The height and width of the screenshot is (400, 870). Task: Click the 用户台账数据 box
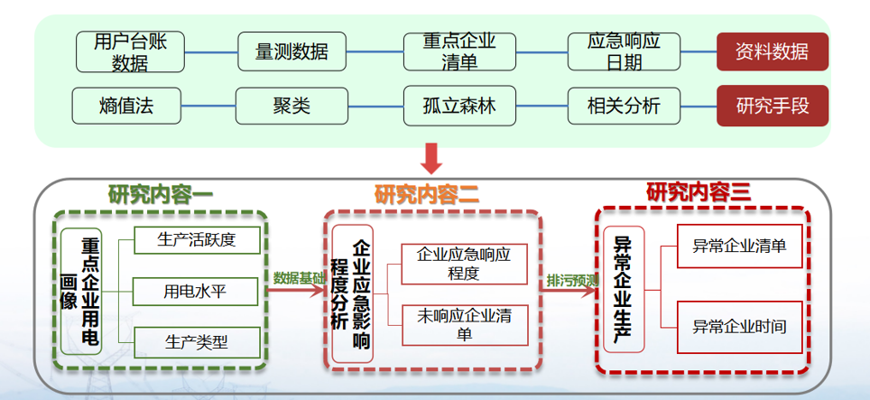click(130, 51)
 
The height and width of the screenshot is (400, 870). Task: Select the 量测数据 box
click(292, 51)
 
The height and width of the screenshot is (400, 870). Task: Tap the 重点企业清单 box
click(460, 51)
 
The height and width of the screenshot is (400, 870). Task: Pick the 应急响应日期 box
click(624, 51)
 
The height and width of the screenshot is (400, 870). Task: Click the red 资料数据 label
click(773, 51)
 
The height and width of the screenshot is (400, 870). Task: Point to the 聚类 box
click(292, 106)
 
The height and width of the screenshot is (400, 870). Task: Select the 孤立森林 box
click(460, 106)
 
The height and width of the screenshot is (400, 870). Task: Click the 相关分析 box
click(624, 106)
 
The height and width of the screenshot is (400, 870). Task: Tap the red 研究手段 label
click(773, 106)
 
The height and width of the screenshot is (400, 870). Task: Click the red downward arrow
click(432, 160)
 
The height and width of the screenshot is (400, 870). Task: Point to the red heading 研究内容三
click(699, 191)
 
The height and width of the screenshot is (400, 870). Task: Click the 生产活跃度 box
click(196, 240)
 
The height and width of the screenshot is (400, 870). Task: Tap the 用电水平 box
click(196, 292)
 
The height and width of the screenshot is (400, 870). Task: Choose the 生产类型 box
click(196, 342)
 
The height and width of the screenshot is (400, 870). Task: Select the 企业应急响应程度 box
click(464, 264)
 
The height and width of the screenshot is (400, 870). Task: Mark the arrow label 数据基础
click(299, 277)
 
